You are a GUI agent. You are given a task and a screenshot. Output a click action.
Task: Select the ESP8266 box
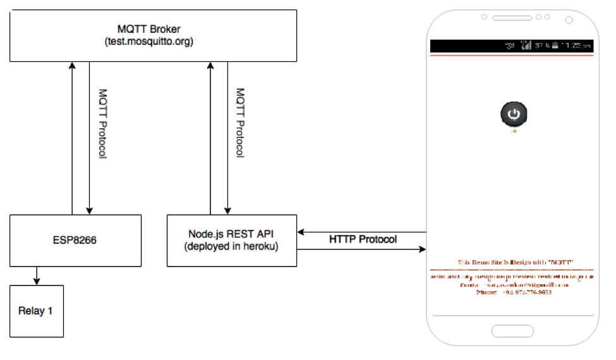(x=75, y=240)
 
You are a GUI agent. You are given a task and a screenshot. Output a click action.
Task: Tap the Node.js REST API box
(x=231, y=240)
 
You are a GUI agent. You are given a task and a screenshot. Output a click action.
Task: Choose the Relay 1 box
(x=36, y=311)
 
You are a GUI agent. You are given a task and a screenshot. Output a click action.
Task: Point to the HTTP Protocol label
(x=363, y=239)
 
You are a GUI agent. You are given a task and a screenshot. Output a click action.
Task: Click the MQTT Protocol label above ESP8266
(x=102, y=123)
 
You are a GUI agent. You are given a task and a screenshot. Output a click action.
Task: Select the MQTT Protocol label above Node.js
(x=239, y=123)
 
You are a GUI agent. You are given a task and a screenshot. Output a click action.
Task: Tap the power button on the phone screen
(x=514, y=114)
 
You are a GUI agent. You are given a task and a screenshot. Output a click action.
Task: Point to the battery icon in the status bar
(x=553, y=46)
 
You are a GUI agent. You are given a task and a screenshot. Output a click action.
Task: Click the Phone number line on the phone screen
(x=513, y=292)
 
